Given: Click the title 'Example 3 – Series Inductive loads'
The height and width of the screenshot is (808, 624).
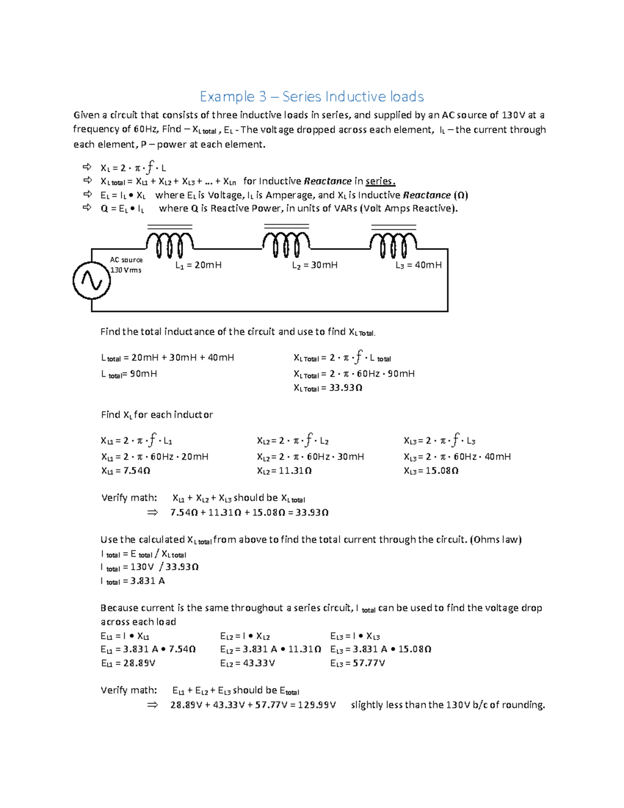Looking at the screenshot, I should (x=312, y=97).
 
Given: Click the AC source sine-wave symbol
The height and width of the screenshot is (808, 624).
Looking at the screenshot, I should (x=92, y=281).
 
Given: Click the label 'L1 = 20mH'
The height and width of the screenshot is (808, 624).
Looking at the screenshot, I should (x=198, y=265).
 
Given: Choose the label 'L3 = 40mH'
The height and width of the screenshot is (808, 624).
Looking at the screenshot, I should (x=419, y=265).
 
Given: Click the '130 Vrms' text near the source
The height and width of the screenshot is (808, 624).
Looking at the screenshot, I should (x=126, y=270).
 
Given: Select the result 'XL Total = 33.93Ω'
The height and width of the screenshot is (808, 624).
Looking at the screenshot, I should (x=328, y=388).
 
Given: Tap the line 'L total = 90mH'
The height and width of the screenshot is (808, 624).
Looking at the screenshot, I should (x=129, y=374).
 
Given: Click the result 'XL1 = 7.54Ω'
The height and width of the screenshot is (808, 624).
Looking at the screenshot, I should (x=125, y=471).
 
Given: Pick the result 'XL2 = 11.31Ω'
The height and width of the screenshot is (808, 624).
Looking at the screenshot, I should (x=284, y=471).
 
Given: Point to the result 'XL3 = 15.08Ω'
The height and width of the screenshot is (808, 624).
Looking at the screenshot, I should (x=431, y=471).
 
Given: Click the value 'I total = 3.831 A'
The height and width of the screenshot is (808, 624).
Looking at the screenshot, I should (x=133, y=581).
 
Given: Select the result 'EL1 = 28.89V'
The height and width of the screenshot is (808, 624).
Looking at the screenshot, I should (x=128, y=663).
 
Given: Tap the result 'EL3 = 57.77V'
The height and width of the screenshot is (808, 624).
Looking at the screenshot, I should (x=358, y=663).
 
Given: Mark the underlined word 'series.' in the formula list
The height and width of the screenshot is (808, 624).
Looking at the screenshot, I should (x=381, y=182).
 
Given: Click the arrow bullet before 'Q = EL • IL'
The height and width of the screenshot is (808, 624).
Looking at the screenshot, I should (x=87, y=208).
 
